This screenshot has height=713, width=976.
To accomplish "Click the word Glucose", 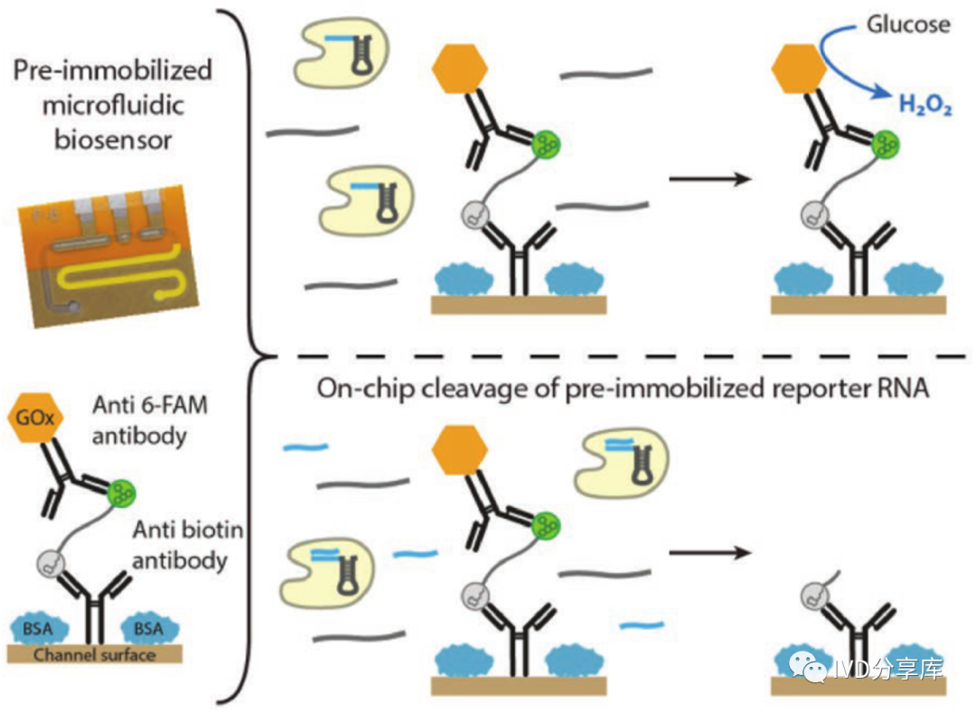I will coord(907,24).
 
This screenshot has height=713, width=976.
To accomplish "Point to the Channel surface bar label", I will coord(95,654).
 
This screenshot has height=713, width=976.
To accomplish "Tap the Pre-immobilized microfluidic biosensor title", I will coord(112,104).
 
